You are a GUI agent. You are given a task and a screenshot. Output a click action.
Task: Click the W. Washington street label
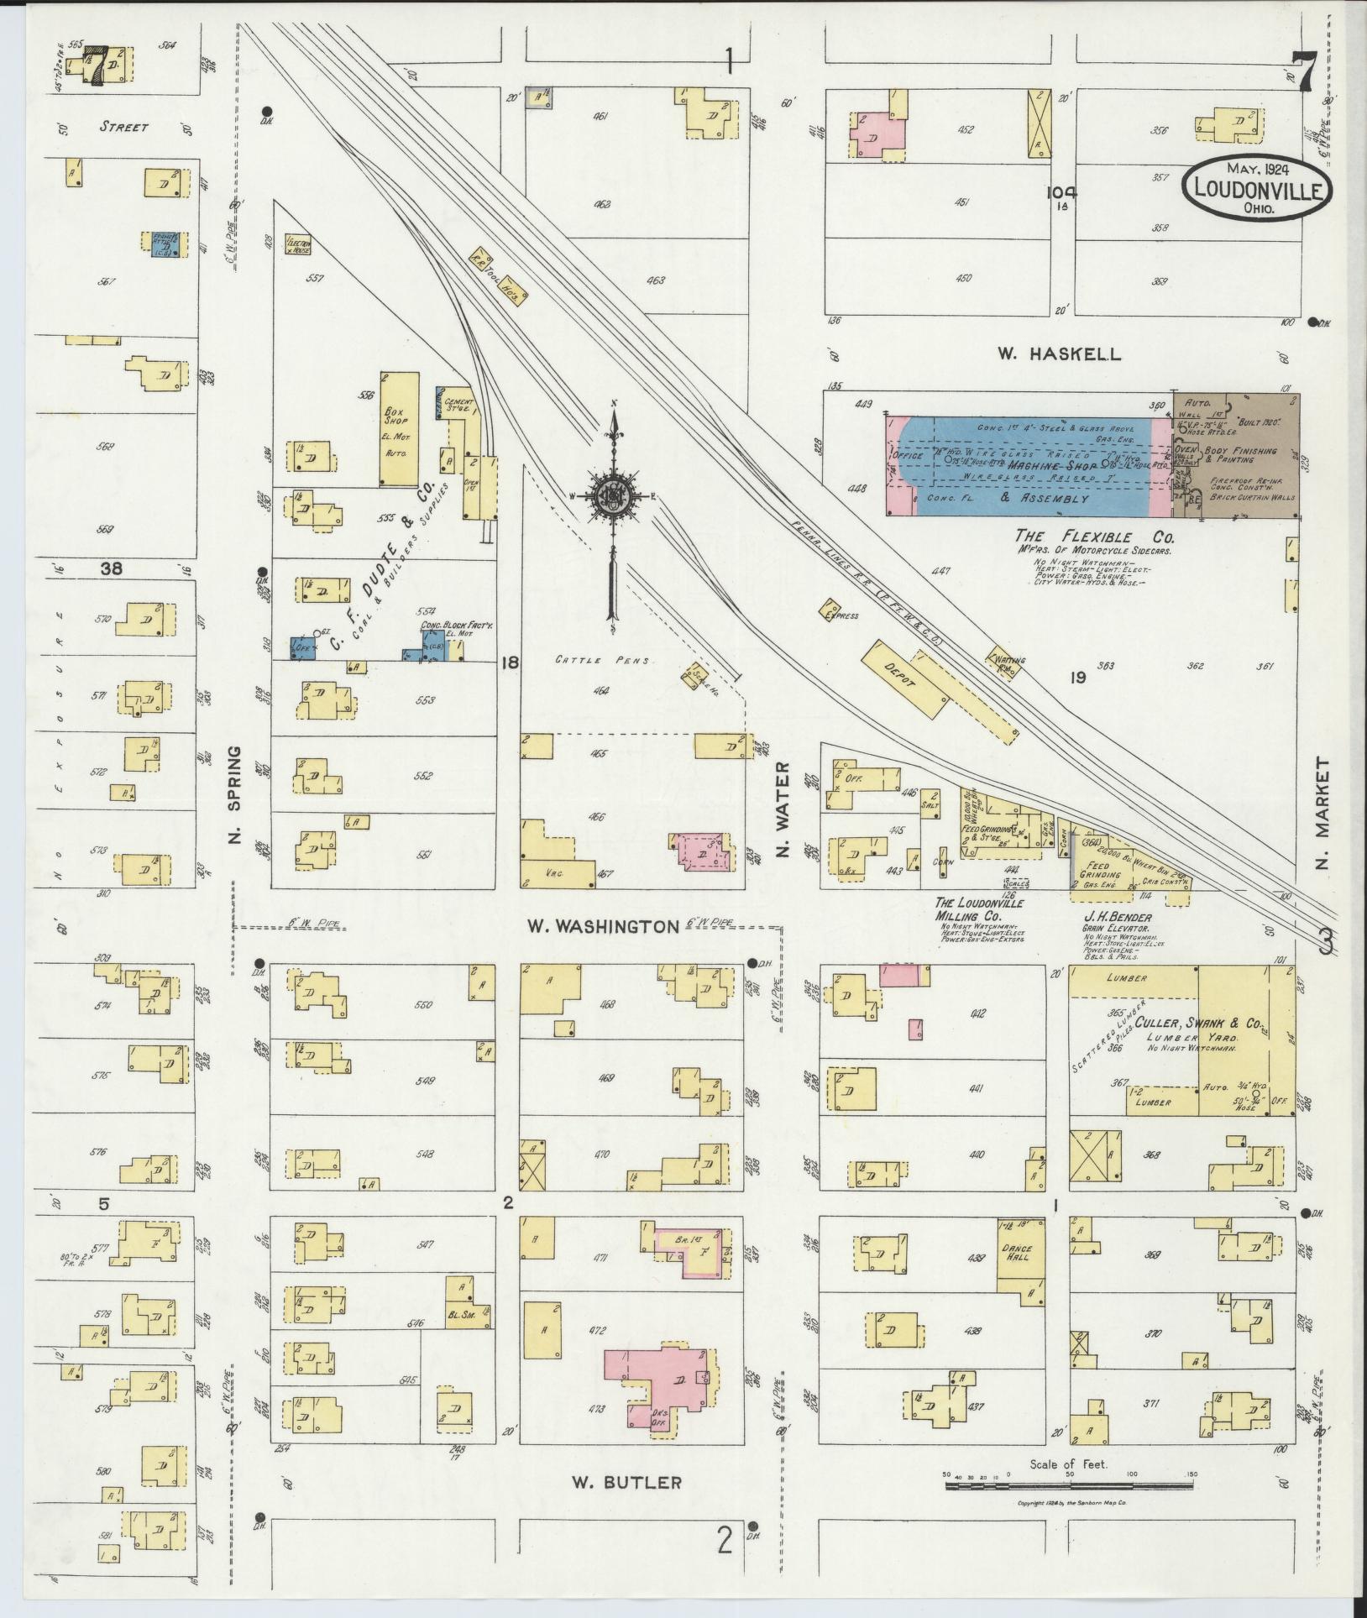click(603, 926)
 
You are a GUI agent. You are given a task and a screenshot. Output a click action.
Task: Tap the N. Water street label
click(784, 810)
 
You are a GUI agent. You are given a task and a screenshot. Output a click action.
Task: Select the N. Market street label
click(1324, 814)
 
